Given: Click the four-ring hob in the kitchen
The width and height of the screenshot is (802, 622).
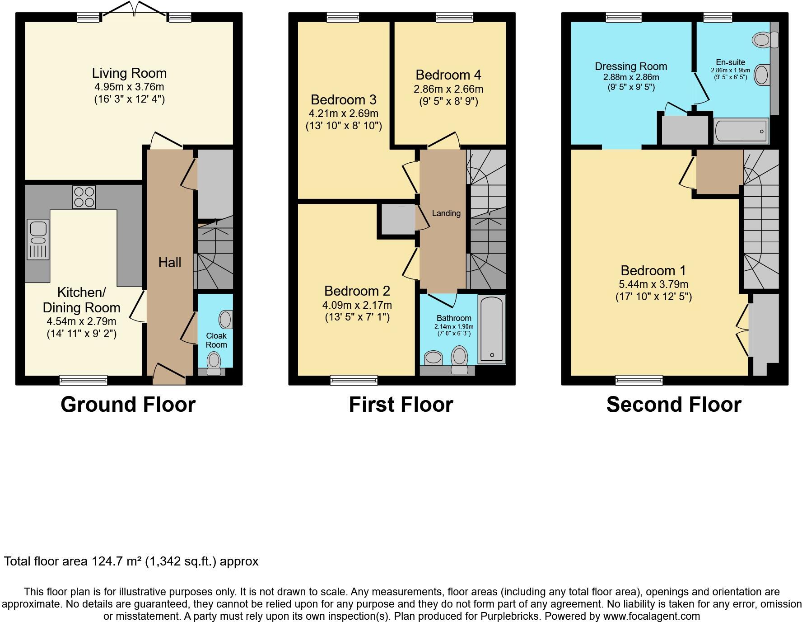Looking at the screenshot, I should (84, 197).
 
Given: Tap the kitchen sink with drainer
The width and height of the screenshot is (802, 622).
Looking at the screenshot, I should (38, 240).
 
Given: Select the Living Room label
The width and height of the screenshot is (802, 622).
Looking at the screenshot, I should (129, 73).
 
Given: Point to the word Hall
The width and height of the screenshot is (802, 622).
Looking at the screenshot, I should (170, 262).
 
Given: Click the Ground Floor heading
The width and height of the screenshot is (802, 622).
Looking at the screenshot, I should (128, 404).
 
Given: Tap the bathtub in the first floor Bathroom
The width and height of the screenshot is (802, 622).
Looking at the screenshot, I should (491, 329).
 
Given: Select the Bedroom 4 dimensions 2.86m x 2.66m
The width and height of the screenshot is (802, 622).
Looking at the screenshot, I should (448, 89).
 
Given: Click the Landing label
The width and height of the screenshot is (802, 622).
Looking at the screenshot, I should (446, 213).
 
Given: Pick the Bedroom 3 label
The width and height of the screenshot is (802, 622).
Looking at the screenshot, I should (343, 99).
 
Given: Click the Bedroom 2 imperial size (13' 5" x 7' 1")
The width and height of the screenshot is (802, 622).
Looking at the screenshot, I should (357, 317).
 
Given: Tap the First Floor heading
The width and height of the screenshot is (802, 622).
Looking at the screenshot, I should (401, 404).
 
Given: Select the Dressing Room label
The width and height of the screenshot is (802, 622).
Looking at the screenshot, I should (631, 66).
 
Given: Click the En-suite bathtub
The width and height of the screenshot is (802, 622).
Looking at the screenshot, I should (741, 131).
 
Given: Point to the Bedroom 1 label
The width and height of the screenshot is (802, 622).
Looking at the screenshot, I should (653, 270).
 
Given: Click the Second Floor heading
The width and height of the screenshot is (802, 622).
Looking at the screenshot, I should (674, 404).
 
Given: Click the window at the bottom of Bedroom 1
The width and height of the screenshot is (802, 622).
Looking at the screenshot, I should (639, 380).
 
